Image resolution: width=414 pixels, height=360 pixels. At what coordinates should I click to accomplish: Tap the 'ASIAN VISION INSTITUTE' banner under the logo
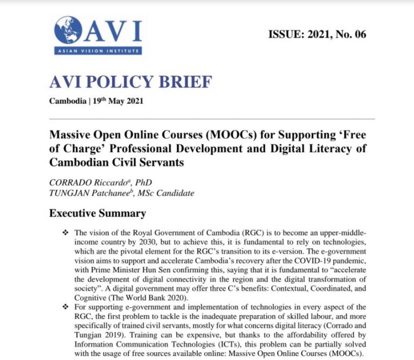point(97,51)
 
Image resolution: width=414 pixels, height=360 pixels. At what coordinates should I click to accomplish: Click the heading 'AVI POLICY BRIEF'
point(130,82)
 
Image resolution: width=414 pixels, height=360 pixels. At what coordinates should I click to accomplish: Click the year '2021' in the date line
point(134,101)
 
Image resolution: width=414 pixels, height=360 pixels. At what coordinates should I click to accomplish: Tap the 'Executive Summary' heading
point(98,213)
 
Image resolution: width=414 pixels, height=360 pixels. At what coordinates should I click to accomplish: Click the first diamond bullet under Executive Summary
point(66,232)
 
